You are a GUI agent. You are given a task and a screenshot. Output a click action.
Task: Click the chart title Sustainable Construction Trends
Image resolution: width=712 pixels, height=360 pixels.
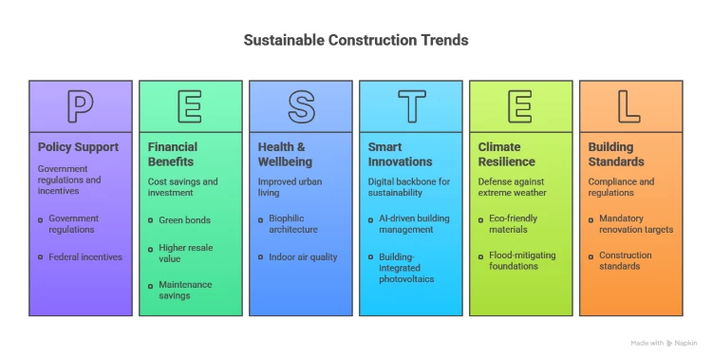click(x=355, y=41)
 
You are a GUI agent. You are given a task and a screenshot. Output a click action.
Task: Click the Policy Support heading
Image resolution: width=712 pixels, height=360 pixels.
click(x=78, y=147)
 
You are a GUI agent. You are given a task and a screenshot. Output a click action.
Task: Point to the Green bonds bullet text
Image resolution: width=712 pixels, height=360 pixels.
click(x=184, y=219)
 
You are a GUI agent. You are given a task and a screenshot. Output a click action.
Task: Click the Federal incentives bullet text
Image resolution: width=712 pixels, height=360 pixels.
click(x=86, y=256)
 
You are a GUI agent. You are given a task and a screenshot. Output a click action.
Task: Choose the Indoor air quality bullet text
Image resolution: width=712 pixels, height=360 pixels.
click(x=303, y=256)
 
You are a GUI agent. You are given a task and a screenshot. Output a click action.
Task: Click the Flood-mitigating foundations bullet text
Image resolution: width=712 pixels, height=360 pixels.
click(x=524, y=260)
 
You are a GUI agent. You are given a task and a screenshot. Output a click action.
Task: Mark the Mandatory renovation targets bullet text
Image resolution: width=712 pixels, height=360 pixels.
click(x=635, y=224)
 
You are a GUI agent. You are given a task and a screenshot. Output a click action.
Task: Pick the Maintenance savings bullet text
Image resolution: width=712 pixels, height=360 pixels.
click(x=185, y=290)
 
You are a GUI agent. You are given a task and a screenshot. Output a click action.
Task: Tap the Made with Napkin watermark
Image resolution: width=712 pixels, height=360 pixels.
click(x=664, y=342)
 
